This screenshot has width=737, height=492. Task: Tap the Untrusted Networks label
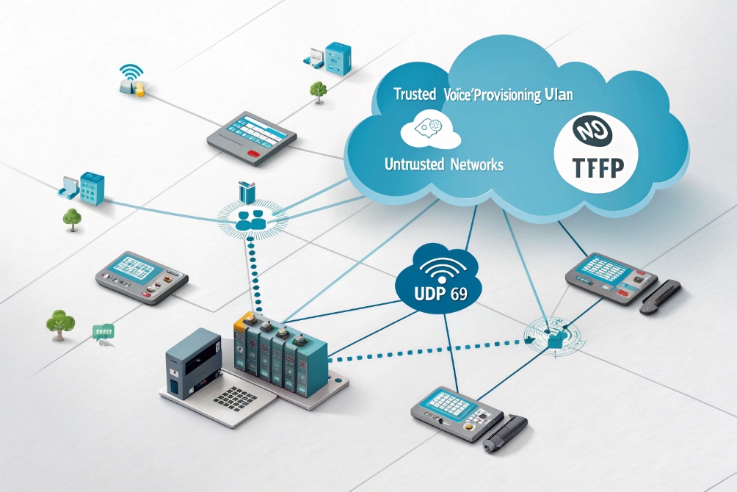point(443,164)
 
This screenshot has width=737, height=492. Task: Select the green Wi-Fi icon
point(131,72)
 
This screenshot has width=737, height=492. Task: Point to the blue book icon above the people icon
point(247,192)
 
